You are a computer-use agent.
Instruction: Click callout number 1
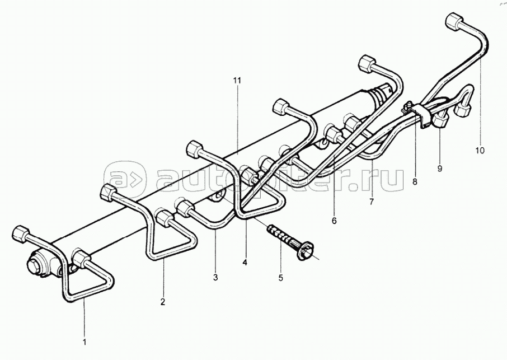84,340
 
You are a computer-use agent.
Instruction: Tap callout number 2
163,302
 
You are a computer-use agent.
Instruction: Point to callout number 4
245,261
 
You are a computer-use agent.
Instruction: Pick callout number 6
334,221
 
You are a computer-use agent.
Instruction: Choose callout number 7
371,200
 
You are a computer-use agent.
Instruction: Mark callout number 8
415,181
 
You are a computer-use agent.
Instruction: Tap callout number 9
440,167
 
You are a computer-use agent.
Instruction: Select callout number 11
237,81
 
